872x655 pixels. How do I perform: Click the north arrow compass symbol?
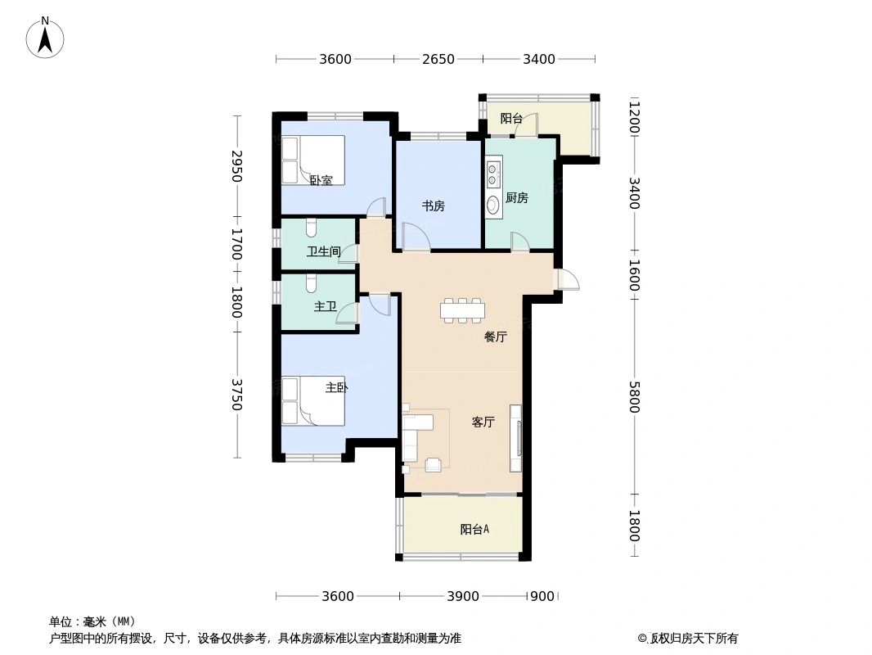tap(47, 37)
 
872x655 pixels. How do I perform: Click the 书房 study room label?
tap(434, 206)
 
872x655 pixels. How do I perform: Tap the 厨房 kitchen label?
tap(517, 197)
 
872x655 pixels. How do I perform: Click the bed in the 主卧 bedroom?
tap(312, 400)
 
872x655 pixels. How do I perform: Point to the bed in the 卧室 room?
tap(312, 160)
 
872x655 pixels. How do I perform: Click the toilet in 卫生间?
tap(311, 228)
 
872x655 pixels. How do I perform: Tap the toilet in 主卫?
tap(311, 283)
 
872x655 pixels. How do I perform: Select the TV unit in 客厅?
tap(515, 438)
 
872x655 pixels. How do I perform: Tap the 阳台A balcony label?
tap(474, 530)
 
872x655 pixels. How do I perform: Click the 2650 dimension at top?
tap(438, 59)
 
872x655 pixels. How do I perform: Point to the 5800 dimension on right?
tap(634, 399)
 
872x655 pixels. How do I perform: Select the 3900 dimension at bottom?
tap(463, 596)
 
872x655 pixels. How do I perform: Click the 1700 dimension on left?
tap(236, 244)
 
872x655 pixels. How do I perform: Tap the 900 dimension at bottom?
tap(542, 596)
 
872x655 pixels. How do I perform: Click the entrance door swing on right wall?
tap(568, 279)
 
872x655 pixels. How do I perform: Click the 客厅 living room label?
tap(483, 422)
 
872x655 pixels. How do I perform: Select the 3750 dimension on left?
tap(236, 395)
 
